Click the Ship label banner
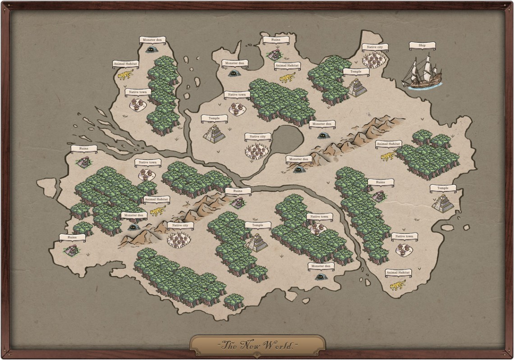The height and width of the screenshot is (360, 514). (422, 45)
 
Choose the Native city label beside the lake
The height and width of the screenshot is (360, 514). (258, 137)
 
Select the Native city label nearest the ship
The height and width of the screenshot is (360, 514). (374, 47)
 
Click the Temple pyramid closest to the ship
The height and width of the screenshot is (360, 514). (357, 87)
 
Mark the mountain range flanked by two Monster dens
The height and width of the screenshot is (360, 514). (352, 137)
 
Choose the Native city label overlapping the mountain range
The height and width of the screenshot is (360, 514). (180, 225)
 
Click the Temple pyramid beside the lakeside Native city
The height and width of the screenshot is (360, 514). (214, 134)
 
